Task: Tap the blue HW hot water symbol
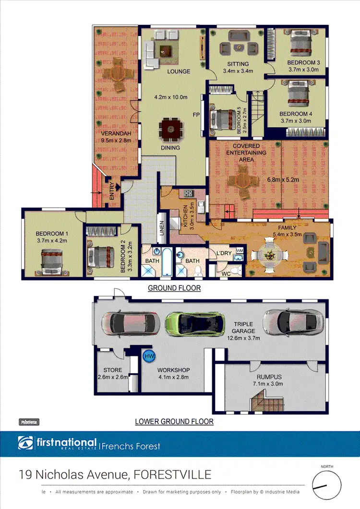pos(149,356)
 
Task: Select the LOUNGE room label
pos(179,71)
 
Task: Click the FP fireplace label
pos(196,115)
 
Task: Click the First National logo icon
pos(25,443)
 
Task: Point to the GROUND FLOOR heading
pos(174,288)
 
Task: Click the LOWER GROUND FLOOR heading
pos(174,422)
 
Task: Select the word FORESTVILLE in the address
pos(172,474)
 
